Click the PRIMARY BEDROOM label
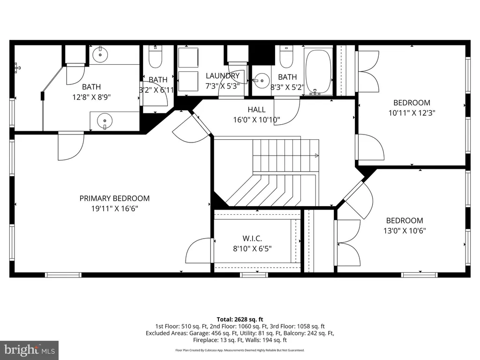tap(114, 198)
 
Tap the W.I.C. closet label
tap(252, 238)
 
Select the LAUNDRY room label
tap(223, 75)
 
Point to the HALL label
tap(256, 109)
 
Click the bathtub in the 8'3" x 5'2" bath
tap(318, 70)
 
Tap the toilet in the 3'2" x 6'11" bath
tap(155, 57)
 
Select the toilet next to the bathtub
tap(286, 57)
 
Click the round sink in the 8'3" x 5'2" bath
tap(262, 81)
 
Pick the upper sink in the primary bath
tap(100, 55)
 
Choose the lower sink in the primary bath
tap(105, 120)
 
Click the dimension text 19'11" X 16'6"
tap(114, 209)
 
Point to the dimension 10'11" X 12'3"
tap(412, 112)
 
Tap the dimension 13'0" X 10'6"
tap(405, 231)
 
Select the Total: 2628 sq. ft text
tap(240, 320)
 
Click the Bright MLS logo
tap(30, 350)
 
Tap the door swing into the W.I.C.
tap(199, 250)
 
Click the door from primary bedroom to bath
tap(71, 146)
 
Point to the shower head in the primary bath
tap(17, 67)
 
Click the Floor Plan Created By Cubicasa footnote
tap(240, 350)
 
